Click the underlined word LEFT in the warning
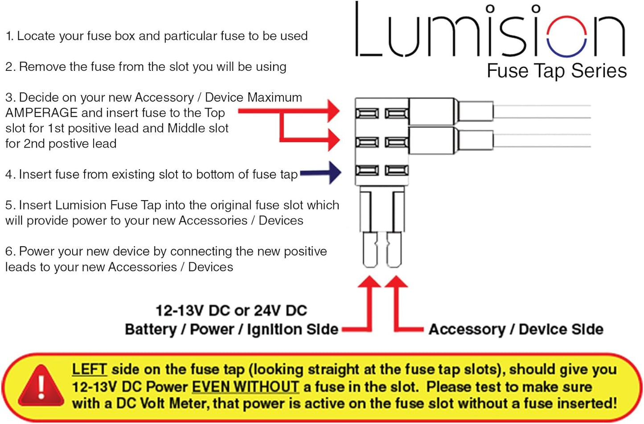tap(89, 370)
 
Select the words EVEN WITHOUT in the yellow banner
tap(246, 387)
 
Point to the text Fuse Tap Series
tap(557, 71)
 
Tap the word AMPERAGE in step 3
tap(41, 113)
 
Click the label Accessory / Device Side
tap(516, 329)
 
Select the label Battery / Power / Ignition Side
tap(231, 329)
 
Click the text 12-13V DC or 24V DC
tap(231, 310)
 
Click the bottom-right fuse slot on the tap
tap(396, 170)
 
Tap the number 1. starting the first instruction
tap(9, 36)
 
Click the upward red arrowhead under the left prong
tap(369, 282)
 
